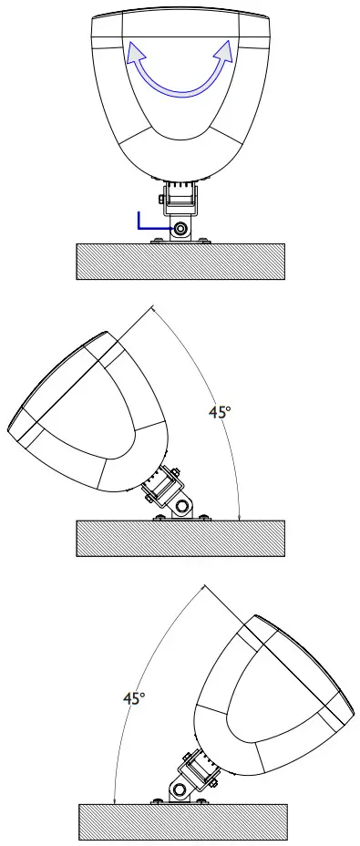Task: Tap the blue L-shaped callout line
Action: click(x=146, y=224)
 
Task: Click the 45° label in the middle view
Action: click(x=219, y=412)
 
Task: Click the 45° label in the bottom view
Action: click(x=134, y=698)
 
